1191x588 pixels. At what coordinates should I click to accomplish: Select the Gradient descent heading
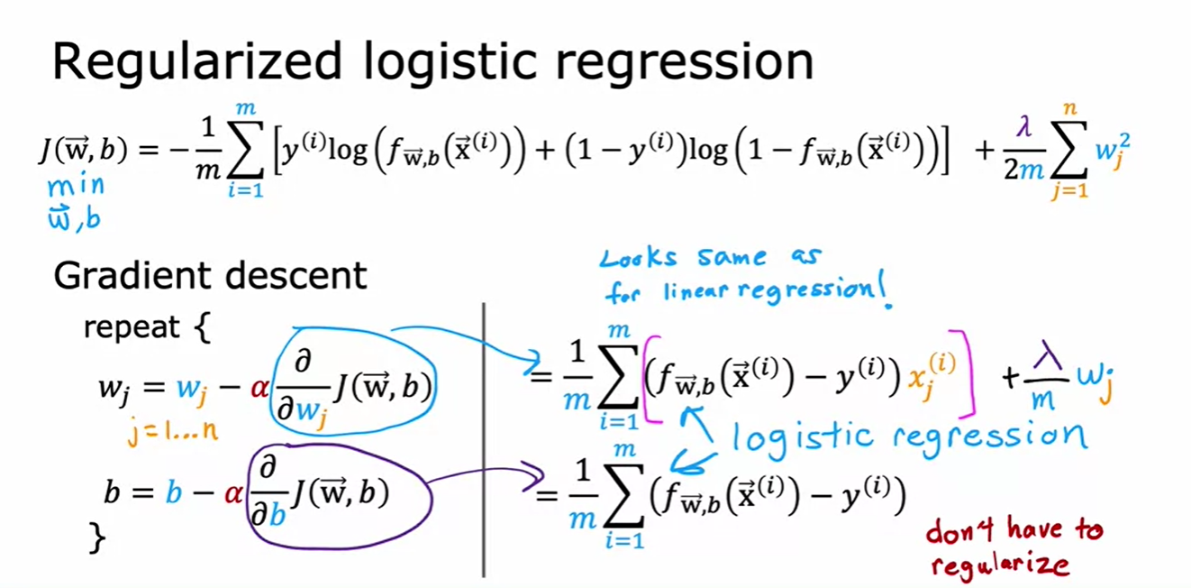(210, 275)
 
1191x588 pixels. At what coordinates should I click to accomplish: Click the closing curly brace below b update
(95, 538)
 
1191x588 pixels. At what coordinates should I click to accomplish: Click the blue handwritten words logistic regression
(908, 436)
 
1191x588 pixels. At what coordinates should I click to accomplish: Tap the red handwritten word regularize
(1000, 565)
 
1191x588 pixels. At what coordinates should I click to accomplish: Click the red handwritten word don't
(959, 530)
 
